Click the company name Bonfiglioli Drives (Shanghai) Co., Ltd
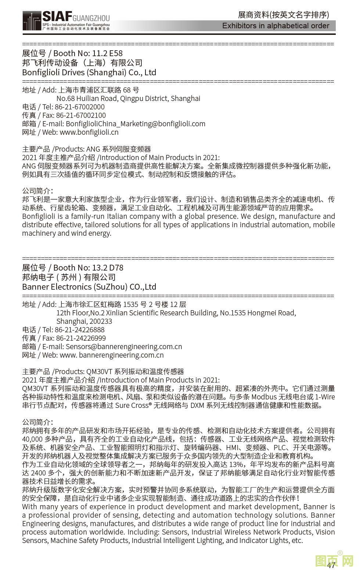pyautogui.click(x=89, y=73)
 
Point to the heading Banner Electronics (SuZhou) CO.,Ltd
pyautogui.click(x=89, y=287)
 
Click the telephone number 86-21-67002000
pyautogui.click(x=80, y=107)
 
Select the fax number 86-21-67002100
pyautogui.click(x=81, y=115)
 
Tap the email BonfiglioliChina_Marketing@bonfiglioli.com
pyautogui.click(x=136, y=124)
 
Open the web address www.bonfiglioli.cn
pyautogui.click(x=89, y=132)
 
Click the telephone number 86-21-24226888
pyautogui.click(x=80, y=330)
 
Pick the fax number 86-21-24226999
pyautogui.click(x=81, y=338)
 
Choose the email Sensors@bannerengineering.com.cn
pyautogui.click(x=124, y=347)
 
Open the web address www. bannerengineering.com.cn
pyautogui.click(x=112, y=355)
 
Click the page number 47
pyautogui.click(x=331, y=565)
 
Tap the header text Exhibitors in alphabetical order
pyautogui.click(x=276, y=26)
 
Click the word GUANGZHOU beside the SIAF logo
pyautogui.click(x=91, y=18)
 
